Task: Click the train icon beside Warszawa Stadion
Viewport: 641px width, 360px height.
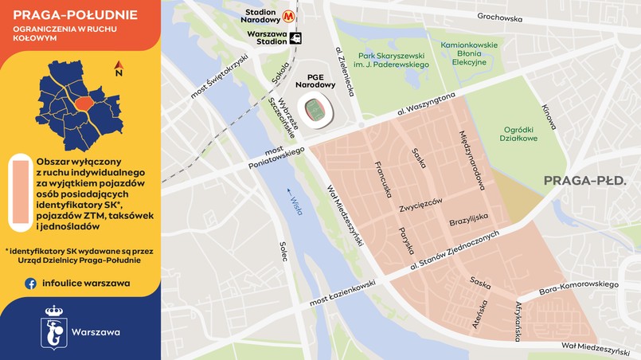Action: pyautogui.click(x=296, y=37)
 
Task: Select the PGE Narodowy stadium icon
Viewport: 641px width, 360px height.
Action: pyautogui.click(x=317, y=109)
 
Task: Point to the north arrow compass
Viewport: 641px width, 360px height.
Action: pyautogui.click(x=119, y=68)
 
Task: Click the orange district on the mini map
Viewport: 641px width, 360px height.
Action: pyautogui.click(x=83, y=104)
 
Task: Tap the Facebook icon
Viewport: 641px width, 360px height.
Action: pyautogui.click(x=30, y=283)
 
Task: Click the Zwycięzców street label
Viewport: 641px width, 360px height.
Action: pyautogui.click(x=420, y=203)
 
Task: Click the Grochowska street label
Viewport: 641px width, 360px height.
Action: pyautogui.click(x=499, y=17)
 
